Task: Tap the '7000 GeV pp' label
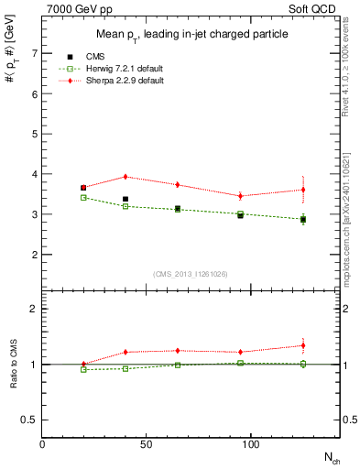tap(74, 9)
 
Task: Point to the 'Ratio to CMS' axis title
tap(14, 364)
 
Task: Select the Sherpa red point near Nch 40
tap(125, 177)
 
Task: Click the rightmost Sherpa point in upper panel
tap(303, 190)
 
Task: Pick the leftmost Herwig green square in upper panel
tap(83, 197)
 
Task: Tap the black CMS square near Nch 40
tap(125, 199)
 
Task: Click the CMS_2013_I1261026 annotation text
tap(191, 274)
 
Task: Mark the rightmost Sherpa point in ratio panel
tap(303, 345)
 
